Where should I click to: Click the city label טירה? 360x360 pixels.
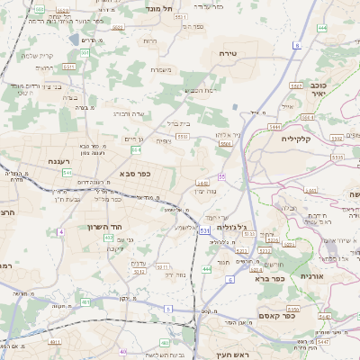click(228, 54)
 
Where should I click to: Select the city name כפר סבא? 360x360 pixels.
click(133, 174)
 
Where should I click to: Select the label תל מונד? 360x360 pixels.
click(158, 7)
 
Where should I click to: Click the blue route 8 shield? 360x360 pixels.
click(296, 43)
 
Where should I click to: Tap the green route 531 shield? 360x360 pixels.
click(204, 231)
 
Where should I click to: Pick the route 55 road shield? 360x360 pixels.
click(221, 176)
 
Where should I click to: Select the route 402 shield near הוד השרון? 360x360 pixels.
click(109, 238)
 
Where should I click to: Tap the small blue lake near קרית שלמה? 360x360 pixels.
click(72, 40)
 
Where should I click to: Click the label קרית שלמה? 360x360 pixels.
click(35, 55)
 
